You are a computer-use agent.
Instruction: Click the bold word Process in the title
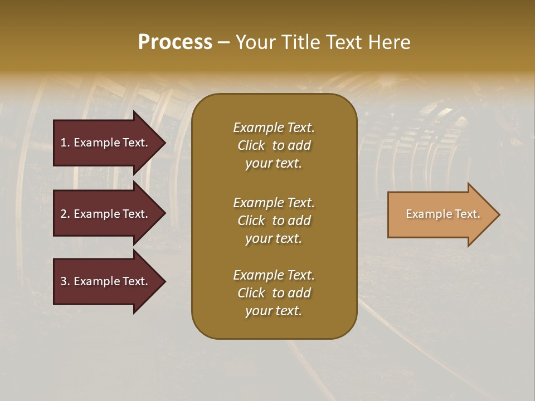pos(175,42)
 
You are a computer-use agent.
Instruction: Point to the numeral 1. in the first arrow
pos(65,143)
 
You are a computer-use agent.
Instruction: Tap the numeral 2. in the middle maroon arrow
pos(65,214)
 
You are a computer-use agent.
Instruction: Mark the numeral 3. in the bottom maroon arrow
pos(65,281)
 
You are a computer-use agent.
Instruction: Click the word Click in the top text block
pos(251,145)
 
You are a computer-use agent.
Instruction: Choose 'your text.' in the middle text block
pos(274,238)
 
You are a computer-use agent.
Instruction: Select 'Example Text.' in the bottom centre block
pos(274,275)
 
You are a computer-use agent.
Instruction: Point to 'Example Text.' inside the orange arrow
pos(442,214)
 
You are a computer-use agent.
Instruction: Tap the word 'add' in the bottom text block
pos(300,293)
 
